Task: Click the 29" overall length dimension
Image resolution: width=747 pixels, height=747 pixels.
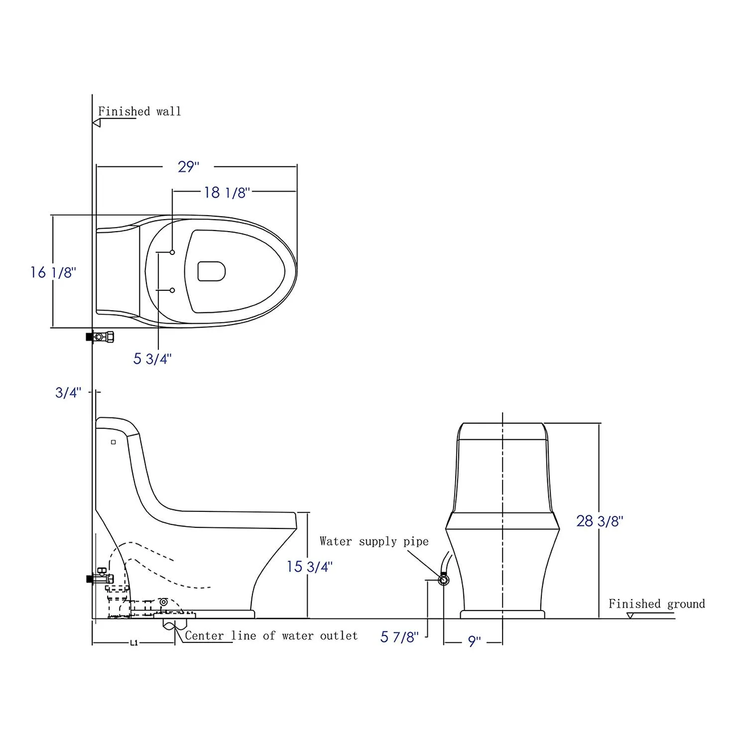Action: click(x=188, y=167)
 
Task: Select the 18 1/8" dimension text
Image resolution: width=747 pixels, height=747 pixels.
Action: click(x=227, y=193)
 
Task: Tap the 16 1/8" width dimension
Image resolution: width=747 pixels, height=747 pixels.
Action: click(x=53, y=272)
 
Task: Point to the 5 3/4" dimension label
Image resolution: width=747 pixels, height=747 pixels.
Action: click(x=152, y=359)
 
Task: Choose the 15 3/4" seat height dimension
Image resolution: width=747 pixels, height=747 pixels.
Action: click(x=309, y=567)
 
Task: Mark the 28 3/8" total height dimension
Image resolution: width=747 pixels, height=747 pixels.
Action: click(x=600, y=521)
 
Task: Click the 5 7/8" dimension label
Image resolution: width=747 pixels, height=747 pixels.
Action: click(x=399, y=637)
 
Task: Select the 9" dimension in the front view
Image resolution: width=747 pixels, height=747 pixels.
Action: click(x=474, y=642)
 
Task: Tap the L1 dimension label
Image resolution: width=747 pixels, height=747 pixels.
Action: click(x=133, y=643)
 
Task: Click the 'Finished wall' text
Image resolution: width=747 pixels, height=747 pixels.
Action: click(x=139, y=112)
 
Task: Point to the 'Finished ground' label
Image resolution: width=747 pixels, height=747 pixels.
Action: click(x=656, y=604)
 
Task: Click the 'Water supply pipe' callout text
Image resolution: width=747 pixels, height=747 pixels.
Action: click(x=374, y=541)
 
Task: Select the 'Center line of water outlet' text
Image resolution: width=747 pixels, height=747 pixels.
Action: click(x=271, y=636)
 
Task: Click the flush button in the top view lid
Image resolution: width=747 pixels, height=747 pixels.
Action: click(x=212, y=271)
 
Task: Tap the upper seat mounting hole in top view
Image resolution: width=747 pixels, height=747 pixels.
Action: click(x=172, y=252)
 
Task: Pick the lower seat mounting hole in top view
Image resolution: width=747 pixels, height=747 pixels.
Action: click(x=172, y=290)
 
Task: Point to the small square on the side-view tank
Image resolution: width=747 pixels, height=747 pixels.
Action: click(x=114, y=442)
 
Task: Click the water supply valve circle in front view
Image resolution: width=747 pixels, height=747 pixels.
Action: click(x=443, y=580)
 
